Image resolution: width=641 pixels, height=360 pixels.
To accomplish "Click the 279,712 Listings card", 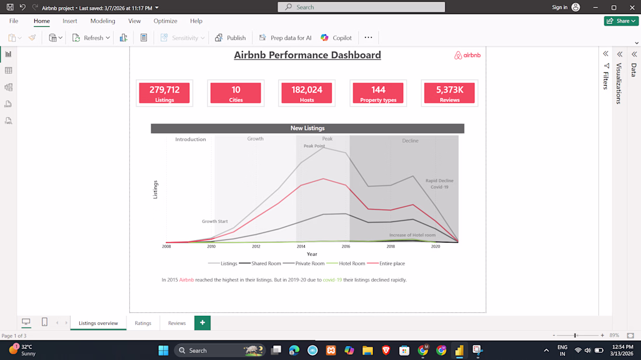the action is pos(164,93).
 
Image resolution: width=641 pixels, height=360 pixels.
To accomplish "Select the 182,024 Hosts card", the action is pos(307,93).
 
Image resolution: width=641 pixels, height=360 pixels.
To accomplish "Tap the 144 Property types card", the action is pos(378,93).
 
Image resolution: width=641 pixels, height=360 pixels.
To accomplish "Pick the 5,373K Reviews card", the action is pos(449,93).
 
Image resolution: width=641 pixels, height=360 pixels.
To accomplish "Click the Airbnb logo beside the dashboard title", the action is pos(467,55).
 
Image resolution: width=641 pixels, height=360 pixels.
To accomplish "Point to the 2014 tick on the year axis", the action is pos(301,246).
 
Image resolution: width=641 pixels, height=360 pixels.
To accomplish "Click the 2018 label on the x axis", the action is pos(390,246).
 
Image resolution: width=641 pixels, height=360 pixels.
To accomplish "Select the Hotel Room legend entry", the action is pos(346,263).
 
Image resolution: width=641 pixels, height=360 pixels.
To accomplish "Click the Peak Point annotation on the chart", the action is pos(314,146).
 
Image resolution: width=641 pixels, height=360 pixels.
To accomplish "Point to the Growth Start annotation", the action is pos(214,221).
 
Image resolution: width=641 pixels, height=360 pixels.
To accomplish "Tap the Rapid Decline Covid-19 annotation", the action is pos(439,184).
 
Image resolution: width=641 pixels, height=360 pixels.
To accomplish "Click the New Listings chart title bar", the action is pos(308,128).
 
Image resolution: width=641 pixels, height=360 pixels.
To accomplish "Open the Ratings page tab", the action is pos(143,323).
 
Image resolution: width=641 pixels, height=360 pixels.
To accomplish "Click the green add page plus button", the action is pos(202,323).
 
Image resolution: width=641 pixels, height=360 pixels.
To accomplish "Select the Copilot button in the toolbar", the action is pos(336,38).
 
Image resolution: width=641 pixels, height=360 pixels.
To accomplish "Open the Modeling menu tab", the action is pos(103,21).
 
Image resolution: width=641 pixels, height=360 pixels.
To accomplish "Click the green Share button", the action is pos(621,21).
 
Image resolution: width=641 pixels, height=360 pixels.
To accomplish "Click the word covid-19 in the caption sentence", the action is pos(332,280).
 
